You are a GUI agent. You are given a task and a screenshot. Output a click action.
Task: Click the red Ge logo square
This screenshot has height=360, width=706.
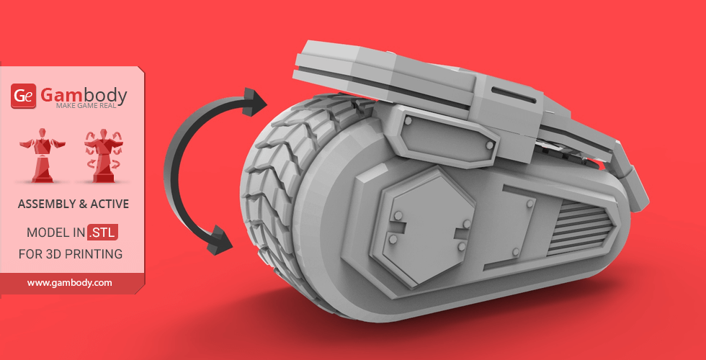[x=23, y=96]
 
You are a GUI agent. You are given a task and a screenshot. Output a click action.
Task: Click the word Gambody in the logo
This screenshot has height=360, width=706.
[x=84, y=95]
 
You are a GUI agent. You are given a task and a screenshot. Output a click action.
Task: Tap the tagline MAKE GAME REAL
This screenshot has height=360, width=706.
[x=86, y=106]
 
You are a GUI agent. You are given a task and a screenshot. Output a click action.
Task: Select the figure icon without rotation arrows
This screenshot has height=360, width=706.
[x=43, y=156]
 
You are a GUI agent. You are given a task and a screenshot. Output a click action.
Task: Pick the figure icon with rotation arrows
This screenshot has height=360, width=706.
[x=103, y=156]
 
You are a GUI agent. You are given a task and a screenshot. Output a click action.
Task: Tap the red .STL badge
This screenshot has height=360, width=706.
[x=102, y=233]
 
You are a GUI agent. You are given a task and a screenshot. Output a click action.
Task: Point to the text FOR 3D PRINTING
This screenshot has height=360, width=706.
[x=71, y=254]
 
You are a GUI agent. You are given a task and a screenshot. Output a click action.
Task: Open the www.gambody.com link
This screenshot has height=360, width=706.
[x=69, y=283]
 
